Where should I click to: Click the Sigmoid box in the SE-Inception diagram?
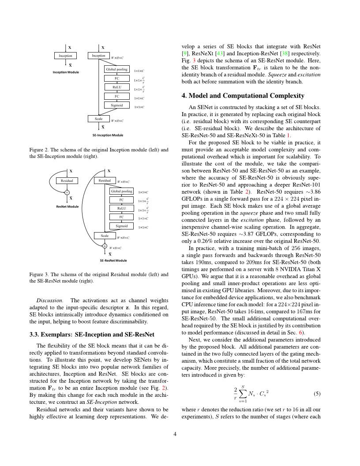coord(117,105)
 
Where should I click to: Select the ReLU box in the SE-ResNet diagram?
coord(122,208)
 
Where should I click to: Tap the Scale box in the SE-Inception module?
coord(98,119)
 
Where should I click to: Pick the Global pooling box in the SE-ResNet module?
coord(122,191)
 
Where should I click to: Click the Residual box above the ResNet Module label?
coord(67,180)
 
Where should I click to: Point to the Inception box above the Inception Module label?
coord(65,56)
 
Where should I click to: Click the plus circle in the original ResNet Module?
coord(67,192)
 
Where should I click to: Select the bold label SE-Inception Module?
coord(108,135)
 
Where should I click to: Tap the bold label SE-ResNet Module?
coord(113,260)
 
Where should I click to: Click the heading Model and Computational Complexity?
coord(243,96)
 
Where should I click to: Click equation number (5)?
coord(317,393)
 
